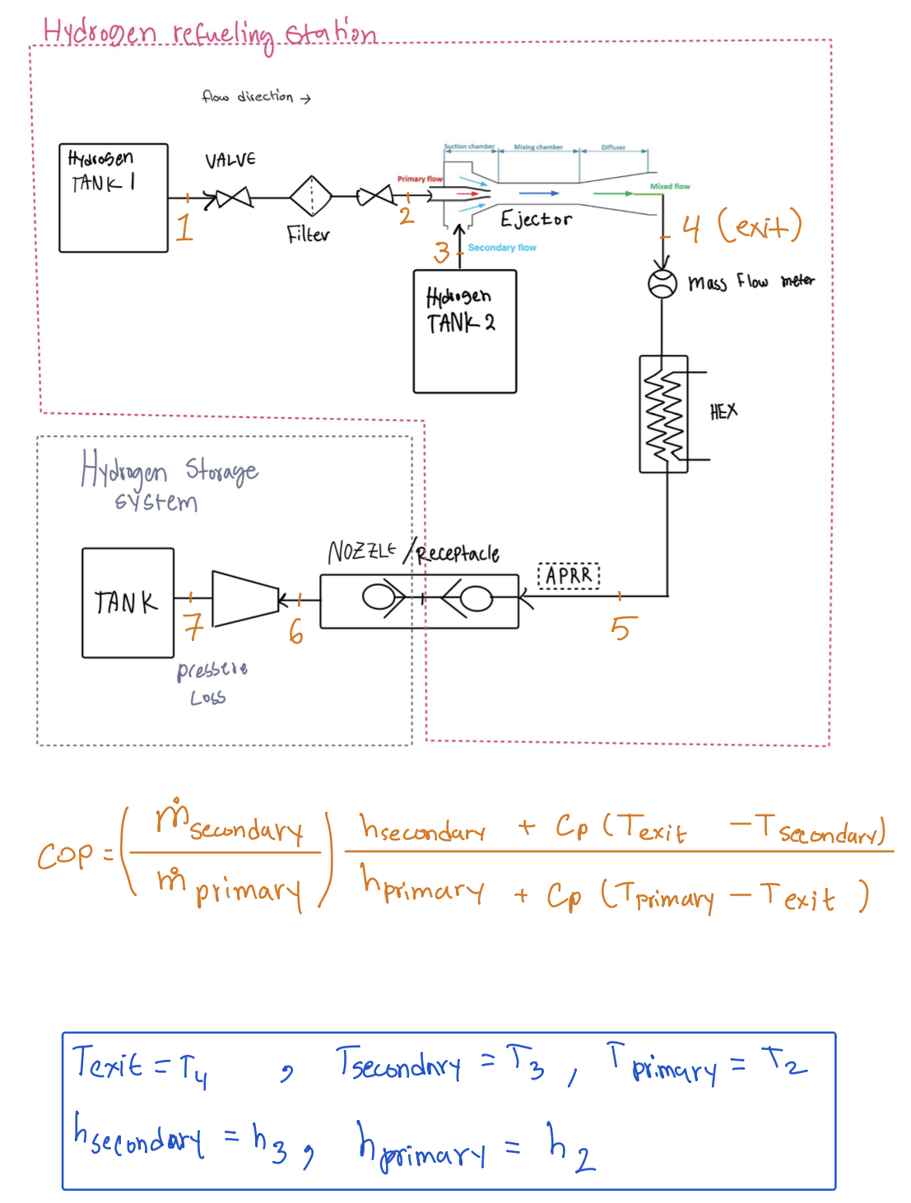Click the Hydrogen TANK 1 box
pos(114,197)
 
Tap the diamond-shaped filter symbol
pos(310,197)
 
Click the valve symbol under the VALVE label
pos(233,197)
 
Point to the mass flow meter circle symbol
pos(662,284)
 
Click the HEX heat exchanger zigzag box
pos(663,414)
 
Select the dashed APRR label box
pos(569,575)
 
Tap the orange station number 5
pos(622,629)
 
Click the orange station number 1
pos(184,227)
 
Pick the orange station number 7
pos(193,627)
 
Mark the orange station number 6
pos(296,632)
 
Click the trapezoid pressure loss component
pos(245,599)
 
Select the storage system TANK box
pos(128,602)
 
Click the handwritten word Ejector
pos(536,220)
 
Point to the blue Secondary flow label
pos(501,248)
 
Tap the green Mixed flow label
pos(670,187)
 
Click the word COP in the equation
pos(66,856)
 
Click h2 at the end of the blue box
pos(572,1148)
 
